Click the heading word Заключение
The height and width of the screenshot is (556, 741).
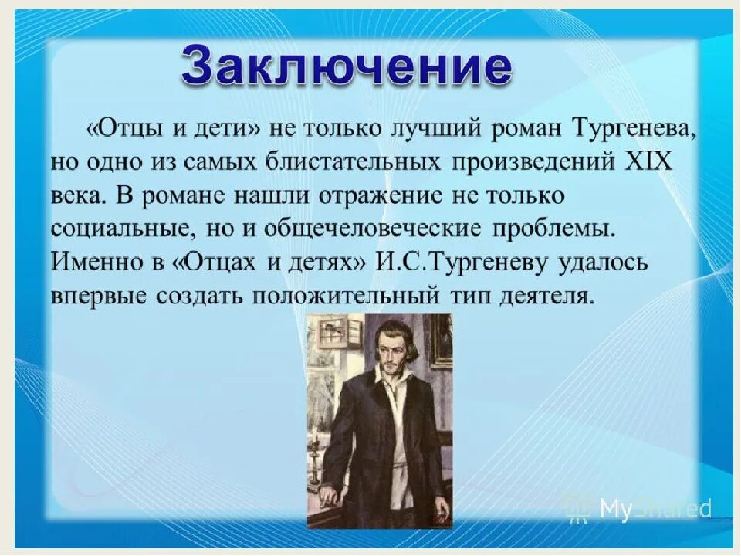pos(347,65)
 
